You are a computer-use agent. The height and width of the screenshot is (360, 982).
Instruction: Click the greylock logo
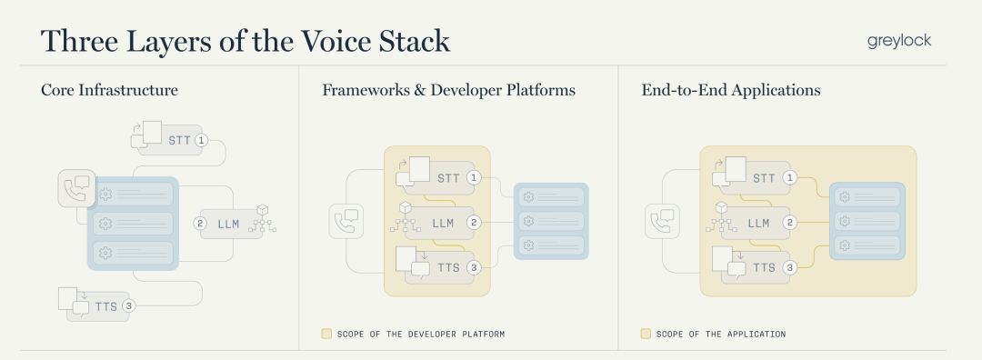899,41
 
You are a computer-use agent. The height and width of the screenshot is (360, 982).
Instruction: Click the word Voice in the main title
336,41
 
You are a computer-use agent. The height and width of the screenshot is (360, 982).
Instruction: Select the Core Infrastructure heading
110,90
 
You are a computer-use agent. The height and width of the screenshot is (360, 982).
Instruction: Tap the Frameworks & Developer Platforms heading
448,90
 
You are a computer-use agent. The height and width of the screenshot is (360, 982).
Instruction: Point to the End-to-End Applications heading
731,90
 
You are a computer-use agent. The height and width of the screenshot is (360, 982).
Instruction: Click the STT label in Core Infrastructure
179,140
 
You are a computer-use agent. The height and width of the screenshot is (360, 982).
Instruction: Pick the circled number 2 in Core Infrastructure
200,224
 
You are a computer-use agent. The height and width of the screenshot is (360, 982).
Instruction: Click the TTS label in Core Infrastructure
106,306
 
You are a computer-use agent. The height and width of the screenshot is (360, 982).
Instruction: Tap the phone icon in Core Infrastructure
77,188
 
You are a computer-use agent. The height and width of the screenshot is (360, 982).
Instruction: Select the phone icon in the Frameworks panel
346,221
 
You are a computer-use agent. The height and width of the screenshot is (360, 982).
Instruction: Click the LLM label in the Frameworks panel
443,223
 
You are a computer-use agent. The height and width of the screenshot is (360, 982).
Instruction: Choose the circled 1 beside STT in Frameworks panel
474,178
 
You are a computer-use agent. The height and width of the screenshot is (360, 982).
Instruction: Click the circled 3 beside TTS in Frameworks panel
474,268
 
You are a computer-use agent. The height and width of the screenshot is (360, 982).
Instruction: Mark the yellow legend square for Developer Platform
326,334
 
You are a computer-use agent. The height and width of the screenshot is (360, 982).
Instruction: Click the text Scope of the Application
721,335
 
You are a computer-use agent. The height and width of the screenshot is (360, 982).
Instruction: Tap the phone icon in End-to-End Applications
663,221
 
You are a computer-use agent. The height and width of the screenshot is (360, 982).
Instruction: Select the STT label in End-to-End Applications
764,178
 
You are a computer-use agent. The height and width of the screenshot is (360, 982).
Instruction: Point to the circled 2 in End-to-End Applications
790,222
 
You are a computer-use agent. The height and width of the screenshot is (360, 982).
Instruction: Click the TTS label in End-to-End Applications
764,268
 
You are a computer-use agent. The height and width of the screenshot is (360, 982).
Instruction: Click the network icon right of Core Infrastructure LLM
263,219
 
